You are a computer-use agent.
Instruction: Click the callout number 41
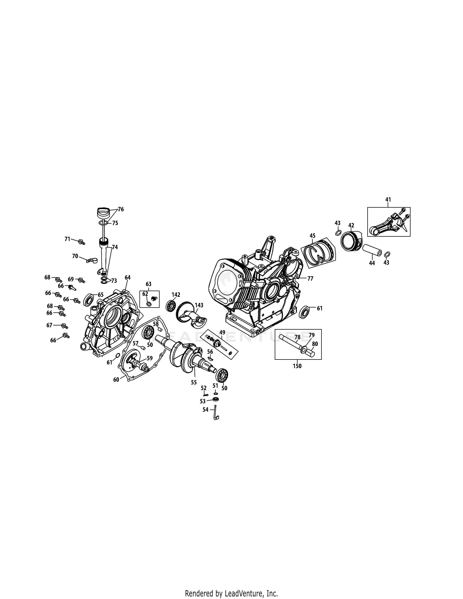(388, 200)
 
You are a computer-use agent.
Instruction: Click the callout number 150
(297, 366)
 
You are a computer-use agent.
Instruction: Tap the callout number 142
(176, 295)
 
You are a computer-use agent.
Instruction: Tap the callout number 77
(310, 279)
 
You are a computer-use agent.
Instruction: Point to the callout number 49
(222, 332)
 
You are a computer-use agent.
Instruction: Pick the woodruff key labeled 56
(210, 358)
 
